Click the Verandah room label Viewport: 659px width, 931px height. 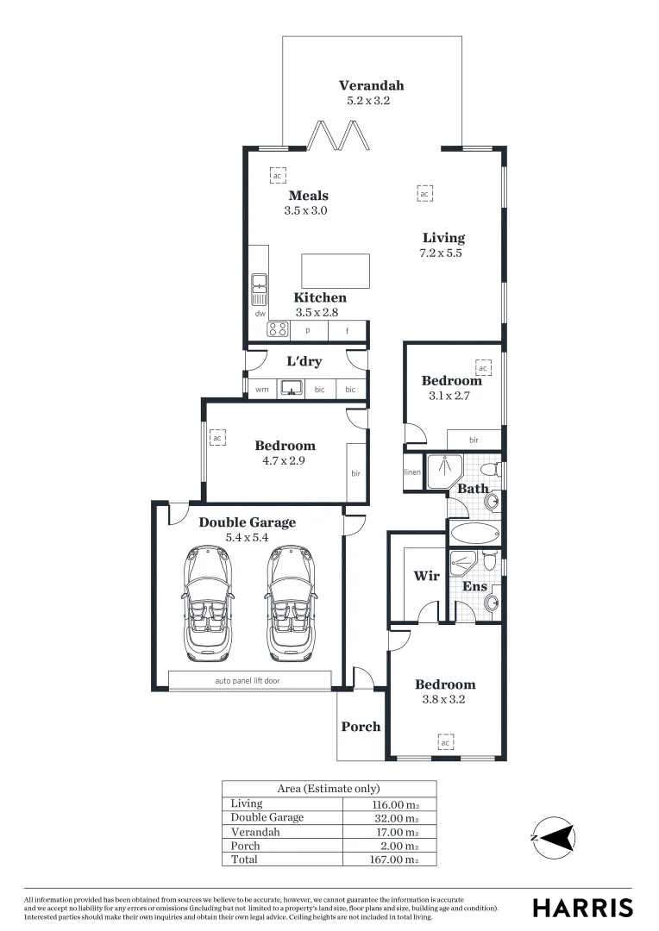(371, 85)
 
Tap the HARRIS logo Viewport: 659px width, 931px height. (582, 907)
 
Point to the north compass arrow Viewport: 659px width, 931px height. (557, 836)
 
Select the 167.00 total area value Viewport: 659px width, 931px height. (393, 859)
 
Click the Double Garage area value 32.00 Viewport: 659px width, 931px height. (393, 817)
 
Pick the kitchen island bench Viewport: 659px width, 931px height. (336, 270)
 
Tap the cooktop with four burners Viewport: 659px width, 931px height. (278, 329)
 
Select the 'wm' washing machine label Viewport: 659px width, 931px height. (261, 390)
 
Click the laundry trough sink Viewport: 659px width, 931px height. (293, 388)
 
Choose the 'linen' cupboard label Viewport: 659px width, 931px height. (412, 472)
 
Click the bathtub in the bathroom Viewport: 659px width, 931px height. (474, 532)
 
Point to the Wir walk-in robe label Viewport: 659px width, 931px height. (427, 576)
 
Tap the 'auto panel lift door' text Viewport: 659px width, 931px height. (248, 680)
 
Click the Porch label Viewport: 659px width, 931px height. (361, 726)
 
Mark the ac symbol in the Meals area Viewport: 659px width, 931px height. (277, 175)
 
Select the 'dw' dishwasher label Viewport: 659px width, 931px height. (260, 314)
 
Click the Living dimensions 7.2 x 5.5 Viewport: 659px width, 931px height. (442, 253)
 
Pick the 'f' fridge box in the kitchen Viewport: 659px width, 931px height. (348, 330)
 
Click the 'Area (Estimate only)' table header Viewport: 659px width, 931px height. (328, 788)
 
